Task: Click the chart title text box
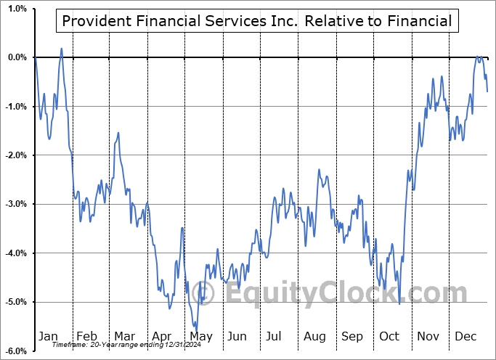pyautogui.click(x=257, y=21)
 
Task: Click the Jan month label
pyautogui.click(x=48, y=337)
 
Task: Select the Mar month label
pyautogui.click(x=124, y=337)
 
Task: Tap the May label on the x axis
pyautogui.click(x=200, y=337)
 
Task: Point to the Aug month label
pyautogui.click(x=314, y=337)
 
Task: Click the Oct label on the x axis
pyautogui.click(x=390, y=337)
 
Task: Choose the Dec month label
pyautogui.click(x=465, y=337)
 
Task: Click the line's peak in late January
pyautogui.click(x=61, y=49)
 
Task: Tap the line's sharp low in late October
pyautogui.click(x=399, y=303)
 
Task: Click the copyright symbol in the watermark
pyautogui.click(x=206, y=293)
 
